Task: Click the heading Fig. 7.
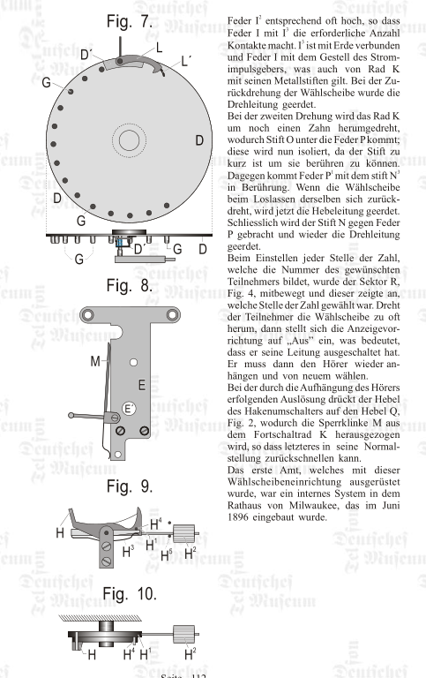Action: [x=129, y=21]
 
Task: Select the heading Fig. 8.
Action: [x=129, y=286]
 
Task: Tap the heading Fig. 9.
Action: [x=129, y=486]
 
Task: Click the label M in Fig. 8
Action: [x=95, y=361]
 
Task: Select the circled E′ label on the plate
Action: [x=129, y=409]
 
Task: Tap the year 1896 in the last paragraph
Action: [x=238, y=517]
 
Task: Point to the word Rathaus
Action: [x=244, y=506]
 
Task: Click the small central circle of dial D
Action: [x=129, y=139]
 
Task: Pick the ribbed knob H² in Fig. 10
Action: [x=183, y=635]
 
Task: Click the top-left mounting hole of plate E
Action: [x=87, y=315]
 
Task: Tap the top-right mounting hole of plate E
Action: [x=172, y=315]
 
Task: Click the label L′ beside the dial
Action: [x=186, y=62]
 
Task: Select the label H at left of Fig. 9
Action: [x=60, y=532]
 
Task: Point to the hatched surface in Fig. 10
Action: [x=101, y=617]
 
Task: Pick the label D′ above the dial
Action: [x=86, y=55]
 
